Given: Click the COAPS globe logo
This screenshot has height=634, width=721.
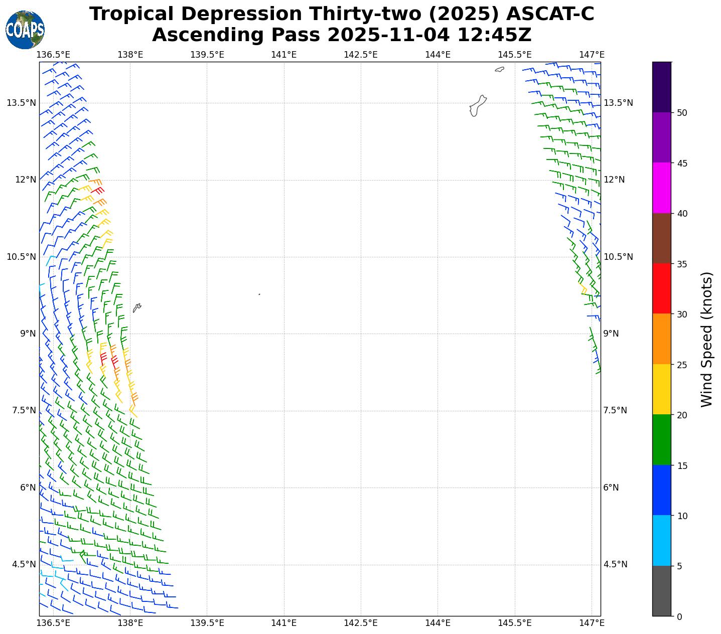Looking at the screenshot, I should click(25, 30).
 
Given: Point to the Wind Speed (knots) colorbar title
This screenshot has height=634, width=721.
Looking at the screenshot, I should click(706, 339).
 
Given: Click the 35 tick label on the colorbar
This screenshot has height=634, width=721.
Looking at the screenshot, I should click(681, 264).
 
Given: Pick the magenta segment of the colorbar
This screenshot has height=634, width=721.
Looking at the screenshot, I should click(662, 188).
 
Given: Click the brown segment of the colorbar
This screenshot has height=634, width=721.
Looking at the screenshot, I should click(662, 239).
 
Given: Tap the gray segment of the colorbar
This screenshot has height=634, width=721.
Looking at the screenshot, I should click(662, 591).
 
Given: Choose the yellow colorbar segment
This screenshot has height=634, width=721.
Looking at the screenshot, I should click(662, 390).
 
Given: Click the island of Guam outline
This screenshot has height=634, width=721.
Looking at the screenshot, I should click(478, 106).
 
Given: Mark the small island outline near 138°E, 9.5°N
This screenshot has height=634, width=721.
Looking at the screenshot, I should click(136, 307).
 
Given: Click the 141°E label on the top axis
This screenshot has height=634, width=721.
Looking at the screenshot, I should click(284, 55).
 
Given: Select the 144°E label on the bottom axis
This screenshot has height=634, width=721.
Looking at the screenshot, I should click(438, 623).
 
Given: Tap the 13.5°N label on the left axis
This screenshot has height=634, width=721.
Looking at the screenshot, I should click(21, 103).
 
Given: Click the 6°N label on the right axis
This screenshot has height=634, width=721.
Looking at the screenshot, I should click(611, 488).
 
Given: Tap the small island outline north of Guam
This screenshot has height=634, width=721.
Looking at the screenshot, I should click(499, 69).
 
